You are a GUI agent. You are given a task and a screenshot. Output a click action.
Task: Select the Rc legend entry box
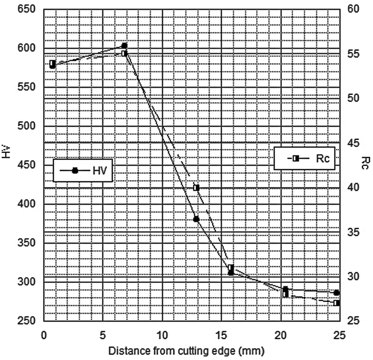(304, 158)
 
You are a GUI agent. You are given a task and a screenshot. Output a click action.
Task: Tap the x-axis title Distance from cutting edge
(187, 351)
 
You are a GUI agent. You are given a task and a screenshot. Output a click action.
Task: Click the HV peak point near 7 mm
(125, 46)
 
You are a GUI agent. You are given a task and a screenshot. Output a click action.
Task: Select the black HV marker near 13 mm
(196, 219)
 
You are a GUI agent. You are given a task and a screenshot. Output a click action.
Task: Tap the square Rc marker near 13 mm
(196, 188)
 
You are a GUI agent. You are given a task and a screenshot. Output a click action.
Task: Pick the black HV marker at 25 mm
(337, 293)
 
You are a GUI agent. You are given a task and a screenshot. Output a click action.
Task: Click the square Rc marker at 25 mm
(337, 303)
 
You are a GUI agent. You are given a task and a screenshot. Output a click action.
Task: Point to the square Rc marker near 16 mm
(231, 267)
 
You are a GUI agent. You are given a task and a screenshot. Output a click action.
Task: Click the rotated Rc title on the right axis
(366, 163)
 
